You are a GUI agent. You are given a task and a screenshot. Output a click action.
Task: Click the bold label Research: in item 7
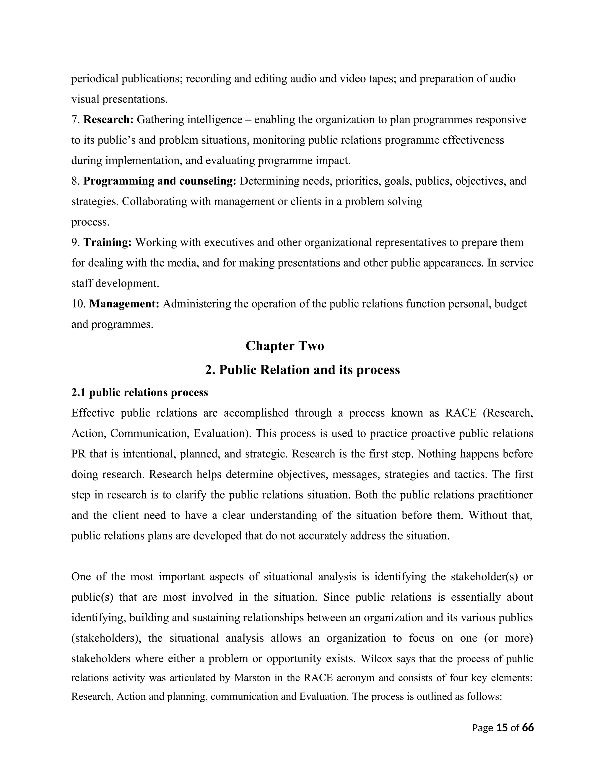coord(108,119)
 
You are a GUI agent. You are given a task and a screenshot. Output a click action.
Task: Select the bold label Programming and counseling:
coord(160,181)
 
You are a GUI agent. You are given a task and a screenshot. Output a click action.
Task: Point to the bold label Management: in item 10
coord(124,304)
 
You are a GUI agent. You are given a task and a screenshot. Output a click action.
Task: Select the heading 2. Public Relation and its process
coord(302,370)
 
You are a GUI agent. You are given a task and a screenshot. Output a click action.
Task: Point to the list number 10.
coord(79,304)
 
